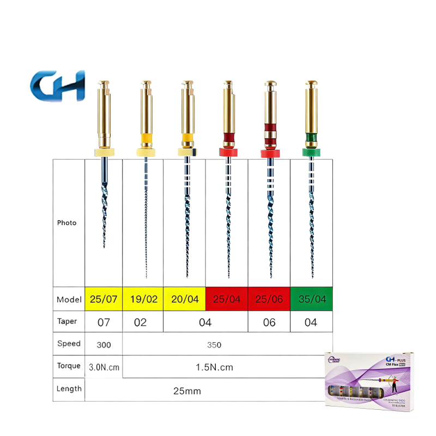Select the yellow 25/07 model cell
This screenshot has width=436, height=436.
104,299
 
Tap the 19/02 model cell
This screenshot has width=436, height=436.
143,299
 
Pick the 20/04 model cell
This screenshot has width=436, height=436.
185,299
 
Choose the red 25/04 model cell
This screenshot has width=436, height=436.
227,299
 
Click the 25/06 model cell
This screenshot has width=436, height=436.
269,299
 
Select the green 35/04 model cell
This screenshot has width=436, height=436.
311,299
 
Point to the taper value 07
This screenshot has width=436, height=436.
104,322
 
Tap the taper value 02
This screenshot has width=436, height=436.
141,322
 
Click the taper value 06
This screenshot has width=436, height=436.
269,322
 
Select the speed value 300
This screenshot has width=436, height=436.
104,345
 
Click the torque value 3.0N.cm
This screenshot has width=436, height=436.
104,367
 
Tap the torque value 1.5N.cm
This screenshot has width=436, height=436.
214,367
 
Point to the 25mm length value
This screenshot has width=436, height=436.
180,390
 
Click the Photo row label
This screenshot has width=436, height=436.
67,223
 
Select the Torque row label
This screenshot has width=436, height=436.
69,367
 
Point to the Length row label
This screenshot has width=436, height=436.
69,389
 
